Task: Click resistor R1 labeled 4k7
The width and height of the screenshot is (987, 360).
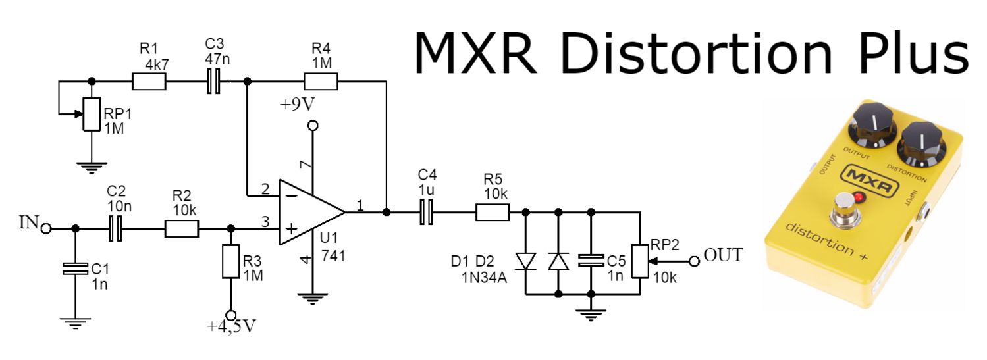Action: (149, 82)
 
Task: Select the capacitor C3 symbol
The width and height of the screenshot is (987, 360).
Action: (214, 82)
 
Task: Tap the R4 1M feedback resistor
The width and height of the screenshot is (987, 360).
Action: (321, 82)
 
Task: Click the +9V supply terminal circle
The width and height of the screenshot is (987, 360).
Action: (313, 126)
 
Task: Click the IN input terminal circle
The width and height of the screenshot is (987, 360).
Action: (46, 228)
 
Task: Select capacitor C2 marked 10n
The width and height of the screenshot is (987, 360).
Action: (116, 228)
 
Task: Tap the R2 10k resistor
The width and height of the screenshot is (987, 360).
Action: (182, 228)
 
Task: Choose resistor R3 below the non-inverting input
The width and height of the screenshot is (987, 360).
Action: (230, 261)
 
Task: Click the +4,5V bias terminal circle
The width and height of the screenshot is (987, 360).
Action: (230, 315)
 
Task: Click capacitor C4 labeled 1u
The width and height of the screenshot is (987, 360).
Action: (426, 212)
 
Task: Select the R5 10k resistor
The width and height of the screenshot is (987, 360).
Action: (493, 212)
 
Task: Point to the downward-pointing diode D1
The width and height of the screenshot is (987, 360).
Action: (526, 261)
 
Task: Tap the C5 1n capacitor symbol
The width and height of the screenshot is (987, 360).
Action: (591, 261)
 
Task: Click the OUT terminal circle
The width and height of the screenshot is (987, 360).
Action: (693, 261)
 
